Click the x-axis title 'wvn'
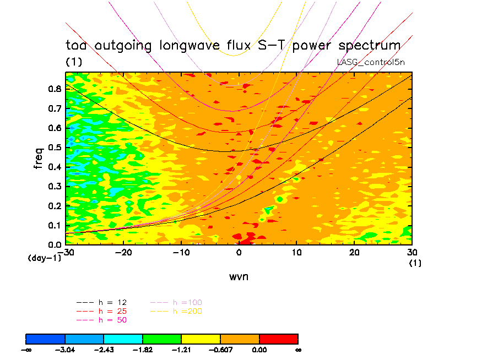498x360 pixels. pyautogui.click(x=239, y=277)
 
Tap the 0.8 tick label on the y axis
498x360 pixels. pyautogui.click(x=55, y=89)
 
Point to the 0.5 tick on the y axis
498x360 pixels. pyautogui.click(x=55, y=147)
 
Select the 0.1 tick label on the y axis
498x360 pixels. pyautogui.click(x=55, y=225)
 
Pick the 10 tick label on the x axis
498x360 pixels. pyautogui.click(x=296, y=252)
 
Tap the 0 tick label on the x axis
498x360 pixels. pyautogui.click(x=239, y=252)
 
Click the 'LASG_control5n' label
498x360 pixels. pyautogui.click(x=371, y=62)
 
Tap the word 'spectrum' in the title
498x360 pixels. pyautogui.click(x=362, y=46)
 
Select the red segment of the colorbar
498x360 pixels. pyautogui.click(x=279, y=338)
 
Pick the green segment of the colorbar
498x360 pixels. pyautogui.click(x=162, y=338)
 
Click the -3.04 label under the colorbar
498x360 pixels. pyautogui.click(x=65, y=350)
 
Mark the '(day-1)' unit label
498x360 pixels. pyautogui.click(x=45, y=258)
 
